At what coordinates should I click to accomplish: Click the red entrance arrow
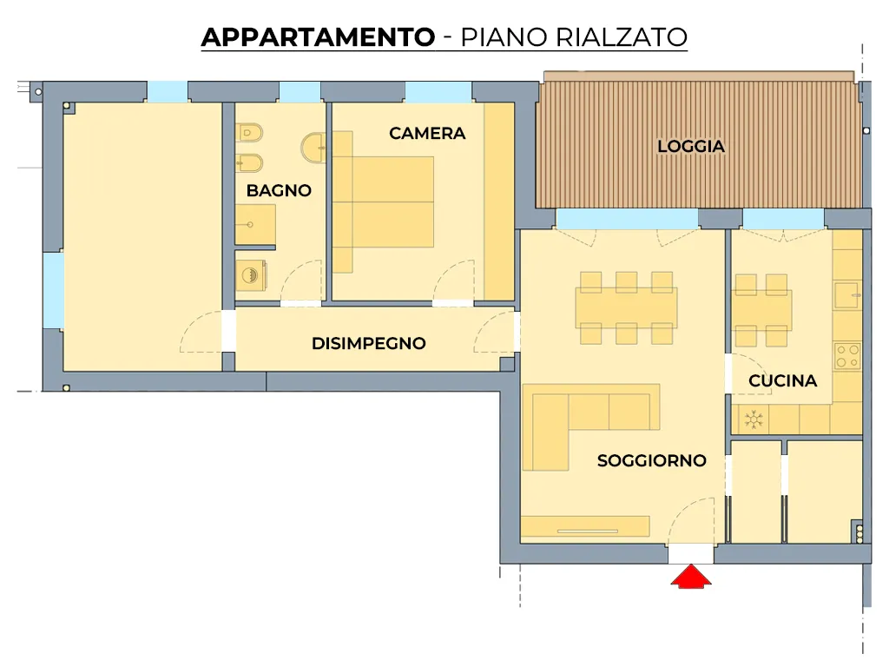(x=691, y=577)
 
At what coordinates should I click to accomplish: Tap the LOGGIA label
(x=690, y=146)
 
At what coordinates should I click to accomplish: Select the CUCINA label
(x=782, y=380)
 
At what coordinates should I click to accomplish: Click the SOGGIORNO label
(x=651, y=460)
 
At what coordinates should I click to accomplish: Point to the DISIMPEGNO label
(x=368, y=343)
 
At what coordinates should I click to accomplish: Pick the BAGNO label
(x=279, y=190)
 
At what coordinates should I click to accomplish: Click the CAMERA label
(x=427, y=133)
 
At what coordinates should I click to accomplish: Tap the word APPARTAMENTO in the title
(x=318, y=37)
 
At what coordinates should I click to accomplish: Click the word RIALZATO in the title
(x=622, y=37)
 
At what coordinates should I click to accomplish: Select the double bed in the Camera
(x=383, y=201)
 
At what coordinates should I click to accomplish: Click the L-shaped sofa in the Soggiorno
(x=589, y=426)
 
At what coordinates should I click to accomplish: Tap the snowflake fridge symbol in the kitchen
(x=753, y=419)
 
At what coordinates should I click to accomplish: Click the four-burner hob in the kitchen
(x=847, y=356)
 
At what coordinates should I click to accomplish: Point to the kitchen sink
(x=848, y=295)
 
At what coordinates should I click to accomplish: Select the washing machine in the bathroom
(x=251, y=275)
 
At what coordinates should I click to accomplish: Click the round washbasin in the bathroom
(x=313, y=147)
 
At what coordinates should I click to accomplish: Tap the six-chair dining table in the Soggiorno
(x=626, y=308)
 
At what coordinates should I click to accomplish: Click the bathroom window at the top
(x=300, y=92)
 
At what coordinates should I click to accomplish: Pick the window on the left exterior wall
(x=54, y=290)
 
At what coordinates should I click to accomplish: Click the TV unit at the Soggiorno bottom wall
(x=585, y=525)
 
